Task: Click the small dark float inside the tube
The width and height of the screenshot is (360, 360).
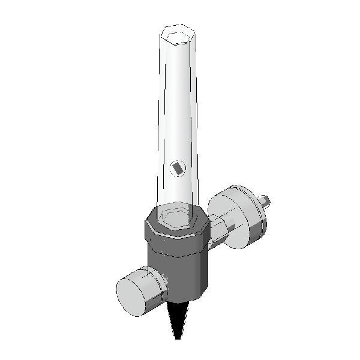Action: point(178,169)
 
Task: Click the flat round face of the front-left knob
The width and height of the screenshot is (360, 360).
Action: point(131,293)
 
